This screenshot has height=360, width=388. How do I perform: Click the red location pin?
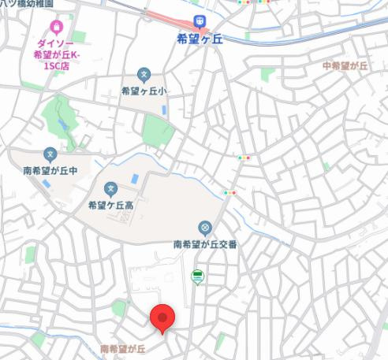(x=162, y=317)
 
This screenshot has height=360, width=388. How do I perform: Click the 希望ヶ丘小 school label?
(x=145, y=91)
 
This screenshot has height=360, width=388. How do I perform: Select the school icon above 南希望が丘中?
(x=50, y=154)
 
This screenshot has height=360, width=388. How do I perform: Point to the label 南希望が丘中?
(x=49, y=169)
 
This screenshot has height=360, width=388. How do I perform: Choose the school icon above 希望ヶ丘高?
(x=110, y=189)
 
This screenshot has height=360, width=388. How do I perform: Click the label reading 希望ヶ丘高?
(x=110, y=206)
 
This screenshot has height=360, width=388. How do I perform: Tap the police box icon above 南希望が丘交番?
(x=204, y=228)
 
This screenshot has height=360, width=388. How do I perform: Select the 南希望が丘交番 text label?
(x=205, y=244)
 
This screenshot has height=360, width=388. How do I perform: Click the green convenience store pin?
(x=198, y=276)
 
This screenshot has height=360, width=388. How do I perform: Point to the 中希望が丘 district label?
(x=345, y=66)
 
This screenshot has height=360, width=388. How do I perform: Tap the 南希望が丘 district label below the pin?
(x=122, y=347)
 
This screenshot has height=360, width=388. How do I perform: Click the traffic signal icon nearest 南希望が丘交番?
(x=229, y=192)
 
